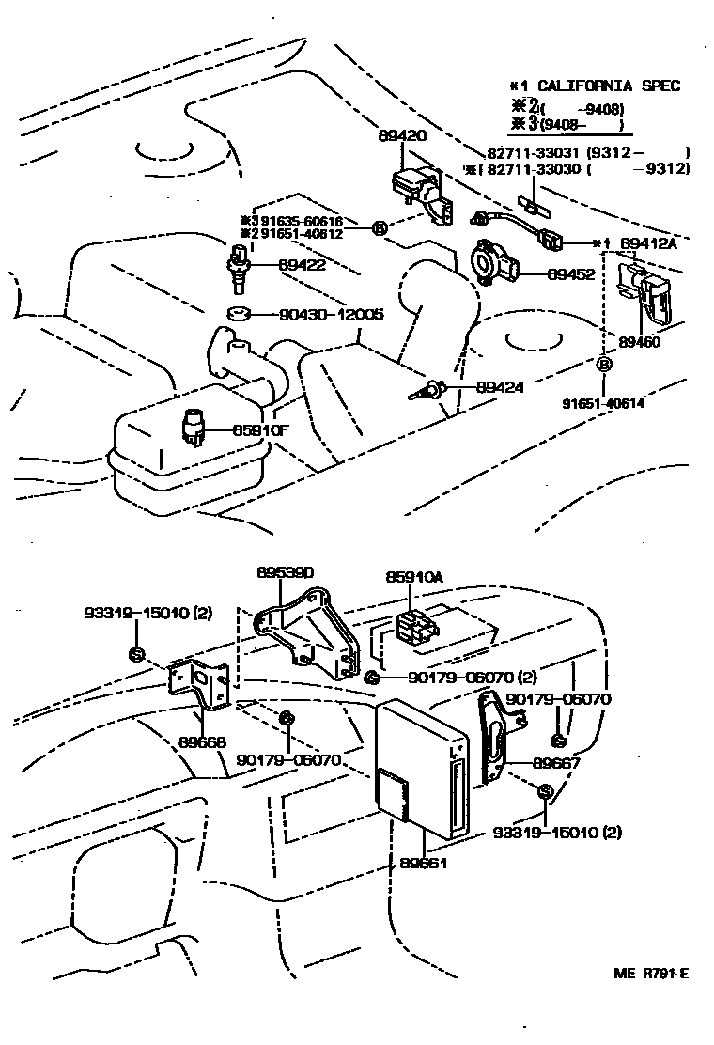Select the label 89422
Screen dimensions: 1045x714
coord(302,265)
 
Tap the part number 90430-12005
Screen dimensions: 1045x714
coord(331,315)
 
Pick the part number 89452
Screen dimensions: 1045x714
coord(544,275)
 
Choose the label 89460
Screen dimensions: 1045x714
coord(639,342)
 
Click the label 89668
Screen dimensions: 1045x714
coord(202,741)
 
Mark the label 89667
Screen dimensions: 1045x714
coord(557,764)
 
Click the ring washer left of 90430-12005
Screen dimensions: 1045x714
coord(240,314)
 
